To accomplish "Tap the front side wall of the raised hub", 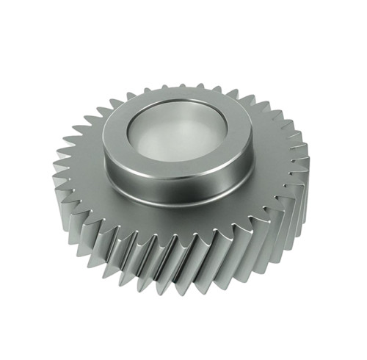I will click(176, 190).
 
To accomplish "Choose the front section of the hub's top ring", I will click(176, 170).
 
